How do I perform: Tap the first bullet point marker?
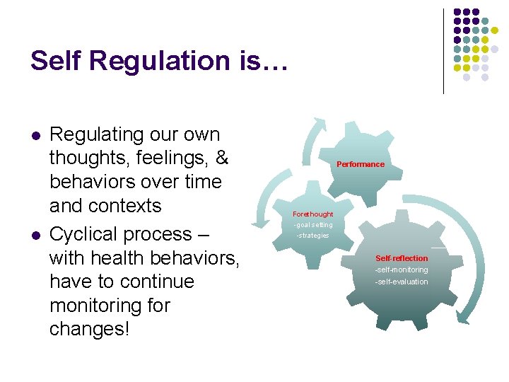(34, 135)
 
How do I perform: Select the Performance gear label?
(361, 164)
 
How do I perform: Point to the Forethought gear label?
(312, 214)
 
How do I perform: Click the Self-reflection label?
(402, 258)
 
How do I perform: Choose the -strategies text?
(312, 235)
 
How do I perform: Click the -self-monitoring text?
(402, 270)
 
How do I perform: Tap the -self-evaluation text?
(402, 282)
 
